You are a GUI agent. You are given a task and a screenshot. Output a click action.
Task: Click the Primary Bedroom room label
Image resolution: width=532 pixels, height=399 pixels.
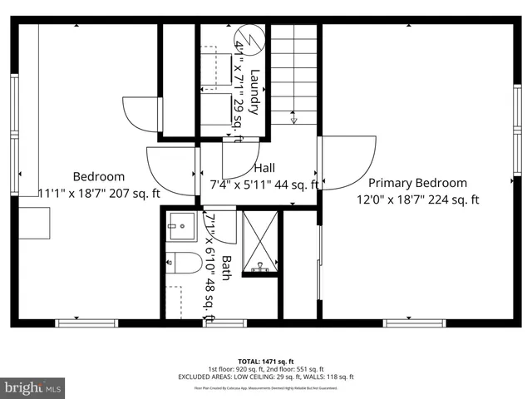click(417, 183)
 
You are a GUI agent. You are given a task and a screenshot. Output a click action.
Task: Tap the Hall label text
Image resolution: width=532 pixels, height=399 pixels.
click(264, 168)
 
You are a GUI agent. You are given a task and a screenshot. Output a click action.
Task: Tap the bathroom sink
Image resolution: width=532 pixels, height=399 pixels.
click(180, 224)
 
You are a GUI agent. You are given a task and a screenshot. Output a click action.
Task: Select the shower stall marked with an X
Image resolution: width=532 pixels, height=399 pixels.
click(260, 242)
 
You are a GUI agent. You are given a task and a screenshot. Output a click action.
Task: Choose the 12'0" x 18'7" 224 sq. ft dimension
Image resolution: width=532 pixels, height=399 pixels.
click(418, 199)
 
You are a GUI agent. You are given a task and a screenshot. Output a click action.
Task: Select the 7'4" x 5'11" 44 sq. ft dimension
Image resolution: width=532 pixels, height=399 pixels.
click(264, 185)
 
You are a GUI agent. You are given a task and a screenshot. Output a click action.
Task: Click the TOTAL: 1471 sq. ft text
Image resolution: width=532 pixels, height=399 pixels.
click(266, 362)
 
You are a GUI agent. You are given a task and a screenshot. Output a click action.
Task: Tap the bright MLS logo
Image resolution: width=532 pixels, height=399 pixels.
click(33, 387)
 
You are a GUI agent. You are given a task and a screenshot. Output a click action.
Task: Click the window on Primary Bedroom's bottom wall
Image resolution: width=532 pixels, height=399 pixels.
click(414, 323)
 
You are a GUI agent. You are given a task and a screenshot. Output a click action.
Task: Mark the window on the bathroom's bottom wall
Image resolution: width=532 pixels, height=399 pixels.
click(214, 323)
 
